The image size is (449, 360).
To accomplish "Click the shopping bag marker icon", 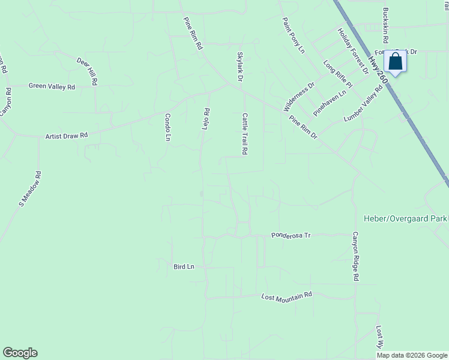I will [395, 61].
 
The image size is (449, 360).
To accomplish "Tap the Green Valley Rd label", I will [52, 86].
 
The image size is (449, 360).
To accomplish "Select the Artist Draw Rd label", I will [67, 136].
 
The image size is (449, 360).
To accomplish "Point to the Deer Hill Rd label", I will [87, 71].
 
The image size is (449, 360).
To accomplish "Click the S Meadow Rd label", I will [30, 190].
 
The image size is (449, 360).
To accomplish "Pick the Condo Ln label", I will [168, 127].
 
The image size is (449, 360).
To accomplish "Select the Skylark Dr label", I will [240, 67].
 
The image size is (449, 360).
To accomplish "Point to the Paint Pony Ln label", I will [294, 35].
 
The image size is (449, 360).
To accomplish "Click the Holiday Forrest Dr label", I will [353, 51].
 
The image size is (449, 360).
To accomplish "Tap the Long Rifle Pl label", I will [338, 74].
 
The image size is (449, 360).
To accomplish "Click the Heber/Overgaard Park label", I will [406, 218].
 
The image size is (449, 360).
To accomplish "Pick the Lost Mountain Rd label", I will [287, 296].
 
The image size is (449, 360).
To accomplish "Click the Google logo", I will [20, 353].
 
